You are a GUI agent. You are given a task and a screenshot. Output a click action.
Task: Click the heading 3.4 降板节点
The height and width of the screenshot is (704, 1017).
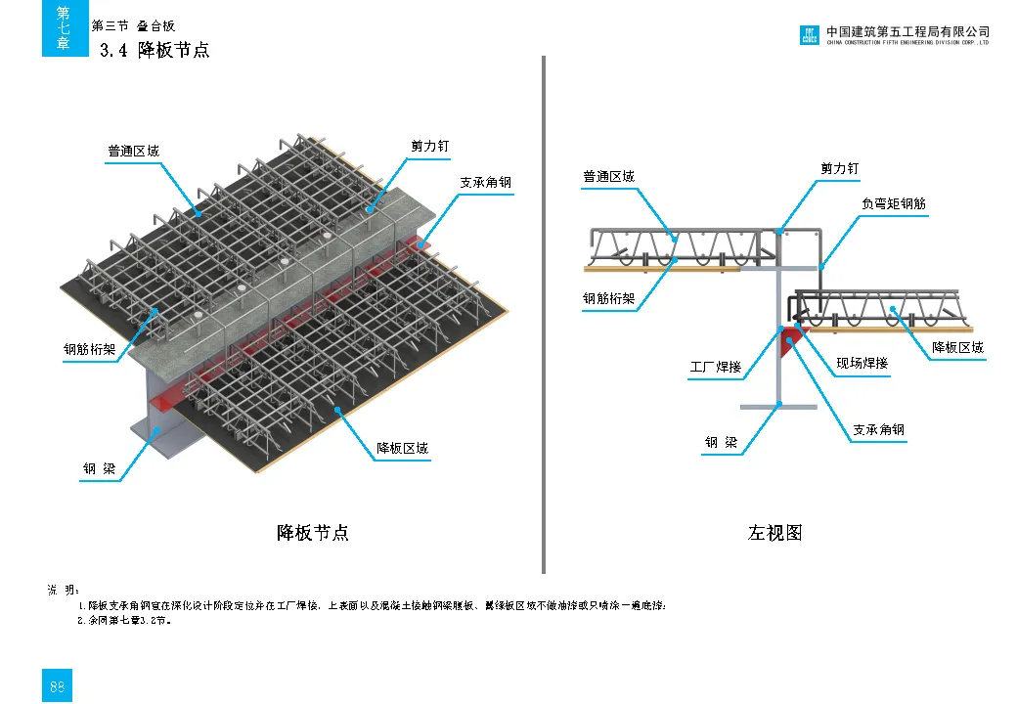155,50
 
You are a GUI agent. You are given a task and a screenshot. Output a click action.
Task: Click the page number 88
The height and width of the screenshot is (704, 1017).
57,687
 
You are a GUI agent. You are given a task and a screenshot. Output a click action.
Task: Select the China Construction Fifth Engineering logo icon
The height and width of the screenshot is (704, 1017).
809,36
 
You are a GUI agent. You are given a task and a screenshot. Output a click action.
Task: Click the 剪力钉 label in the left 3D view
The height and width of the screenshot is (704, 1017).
429,146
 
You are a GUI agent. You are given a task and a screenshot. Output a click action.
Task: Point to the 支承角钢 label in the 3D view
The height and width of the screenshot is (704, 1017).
485,183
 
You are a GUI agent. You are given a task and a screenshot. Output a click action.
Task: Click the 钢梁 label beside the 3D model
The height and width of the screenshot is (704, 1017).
100,470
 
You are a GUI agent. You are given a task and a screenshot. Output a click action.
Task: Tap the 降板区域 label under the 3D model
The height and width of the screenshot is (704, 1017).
403,449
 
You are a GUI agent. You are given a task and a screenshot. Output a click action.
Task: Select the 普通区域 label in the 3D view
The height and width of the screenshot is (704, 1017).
133,152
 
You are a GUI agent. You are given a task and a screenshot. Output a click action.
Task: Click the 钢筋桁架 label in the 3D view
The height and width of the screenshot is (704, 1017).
89,348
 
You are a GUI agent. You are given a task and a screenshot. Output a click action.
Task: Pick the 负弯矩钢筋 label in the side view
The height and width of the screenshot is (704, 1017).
893,204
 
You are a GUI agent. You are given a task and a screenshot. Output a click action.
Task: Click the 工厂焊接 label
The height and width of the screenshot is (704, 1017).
716,368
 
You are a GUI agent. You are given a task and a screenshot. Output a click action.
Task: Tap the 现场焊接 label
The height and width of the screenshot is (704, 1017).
862,364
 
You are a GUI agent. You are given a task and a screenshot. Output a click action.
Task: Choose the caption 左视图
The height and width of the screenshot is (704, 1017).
775,533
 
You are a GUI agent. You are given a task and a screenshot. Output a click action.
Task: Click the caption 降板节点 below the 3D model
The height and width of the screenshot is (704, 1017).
313,533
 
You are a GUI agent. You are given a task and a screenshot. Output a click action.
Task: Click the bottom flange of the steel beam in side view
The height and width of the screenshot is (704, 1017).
778,406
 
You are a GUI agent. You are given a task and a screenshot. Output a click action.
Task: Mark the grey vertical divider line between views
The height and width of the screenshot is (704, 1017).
544,313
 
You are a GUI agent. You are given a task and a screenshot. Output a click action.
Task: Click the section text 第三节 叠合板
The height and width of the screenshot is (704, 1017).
133,26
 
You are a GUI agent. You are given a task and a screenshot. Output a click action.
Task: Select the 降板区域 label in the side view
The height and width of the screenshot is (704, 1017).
957,347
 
